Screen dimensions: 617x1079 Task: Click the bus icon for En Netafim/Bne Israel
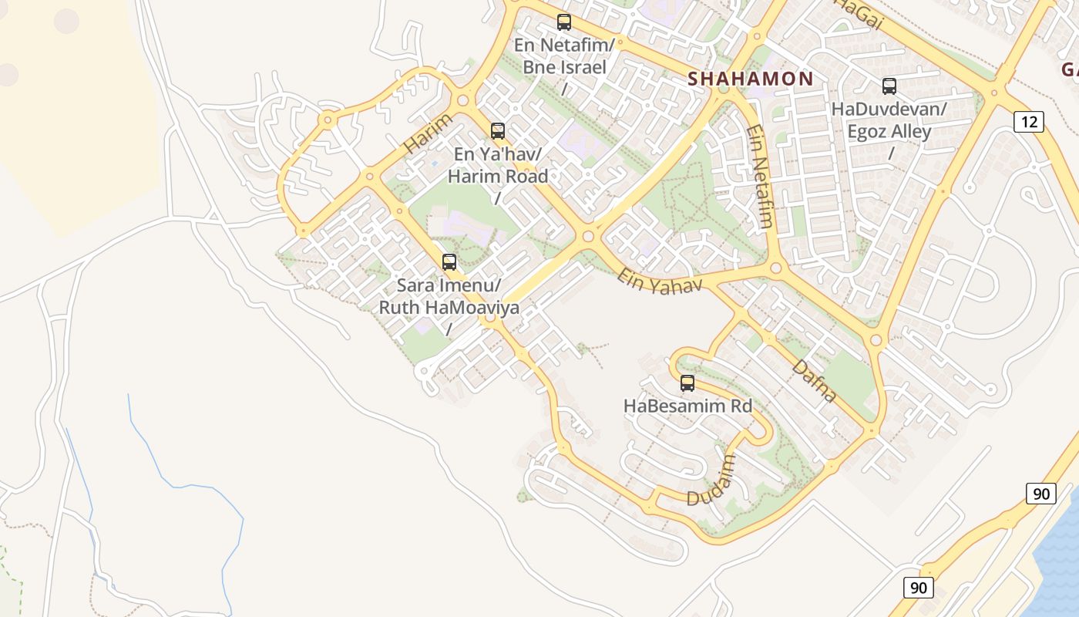coord(564,22)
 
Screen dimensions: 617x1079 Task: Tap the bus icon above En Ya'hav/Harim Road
coord(498,131)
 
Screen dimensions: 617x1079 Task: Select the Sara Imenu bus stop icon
coord(449,262)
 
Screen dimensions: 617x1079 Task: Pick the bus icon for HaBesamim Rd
coord(687,383)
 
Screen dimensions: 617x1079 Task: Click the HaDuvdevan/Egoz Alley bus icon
coord(889,86)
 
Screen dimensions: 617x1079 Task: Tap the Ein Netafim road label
coord(759,177)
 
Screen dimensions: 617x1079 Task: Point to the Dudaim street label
coord(711,480)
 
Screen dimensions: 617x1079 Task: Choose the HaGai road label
coord(858,14)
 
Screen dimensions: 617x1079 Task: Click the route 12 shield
coord(1028,121)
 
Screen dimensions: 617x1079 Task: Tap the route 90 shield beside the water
coord(1040,494)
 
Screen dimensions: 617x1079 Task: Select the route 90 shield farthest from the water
coord(918,588)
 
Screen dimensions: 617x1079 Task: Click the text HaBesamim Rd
coord(687,406)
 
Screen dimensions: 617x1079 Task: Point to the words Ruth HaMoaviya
coord(449,307)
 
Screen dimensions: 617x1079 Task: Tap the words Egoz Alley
coord(889,131)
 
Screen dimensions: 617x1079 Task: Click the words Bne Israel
coord(564,67)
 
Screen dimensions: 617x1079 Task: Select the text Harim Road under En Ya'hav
coord(498,176)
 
